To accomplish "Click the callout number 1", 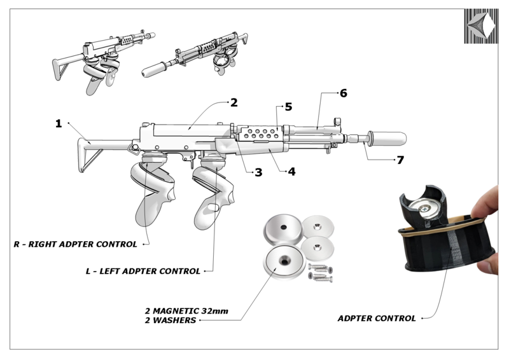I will click(x=59, y=123).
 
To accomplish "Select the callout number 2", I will click(x=234, y=102).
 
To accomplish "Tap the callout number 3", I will click(x=258, y=172).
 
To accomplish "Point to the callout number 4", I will click(x=291, y=172).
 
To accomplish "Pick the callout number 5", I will click(x=288, y=107).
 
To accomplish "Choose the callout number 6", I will click(x=343, y=93).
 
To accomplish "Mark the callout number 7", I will click(x=400, y=160).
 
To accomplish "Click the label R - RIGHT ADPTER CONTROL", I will click(x=76, y=244).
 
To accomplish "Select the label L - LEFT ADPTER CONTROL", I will click(x=143, y=271).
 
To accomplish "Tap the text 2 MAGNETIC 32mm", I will click(x=186, y=311).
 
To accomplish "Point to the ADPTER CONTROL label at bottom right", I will click(x=377, y=318).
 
